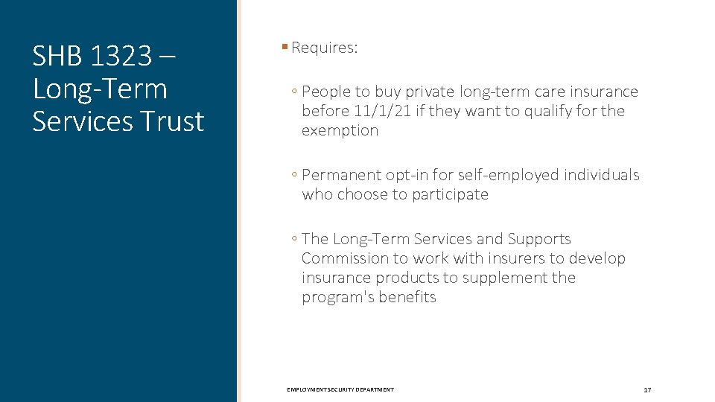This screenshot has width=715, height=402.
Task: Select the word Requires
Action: pos(325,48)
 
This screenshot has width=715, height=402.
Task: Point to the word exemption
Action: pos(340,130)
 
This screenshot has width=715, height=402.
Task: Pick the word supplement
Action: pos(503,278)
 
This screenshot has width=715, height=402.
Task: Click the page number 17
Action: pos(647,390)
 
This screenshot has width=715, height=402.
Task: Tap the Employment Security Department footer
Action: pos(340,390)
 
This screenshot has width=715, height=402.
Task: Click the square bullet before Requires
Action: pos(285,48)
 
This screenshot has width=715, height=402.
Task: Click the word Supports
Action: pos(539,239)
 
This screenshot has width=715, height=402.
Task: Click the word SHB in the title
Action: pos(57,56)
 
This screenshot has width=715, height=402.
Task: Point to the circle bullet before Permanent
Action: pos(295,176)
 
